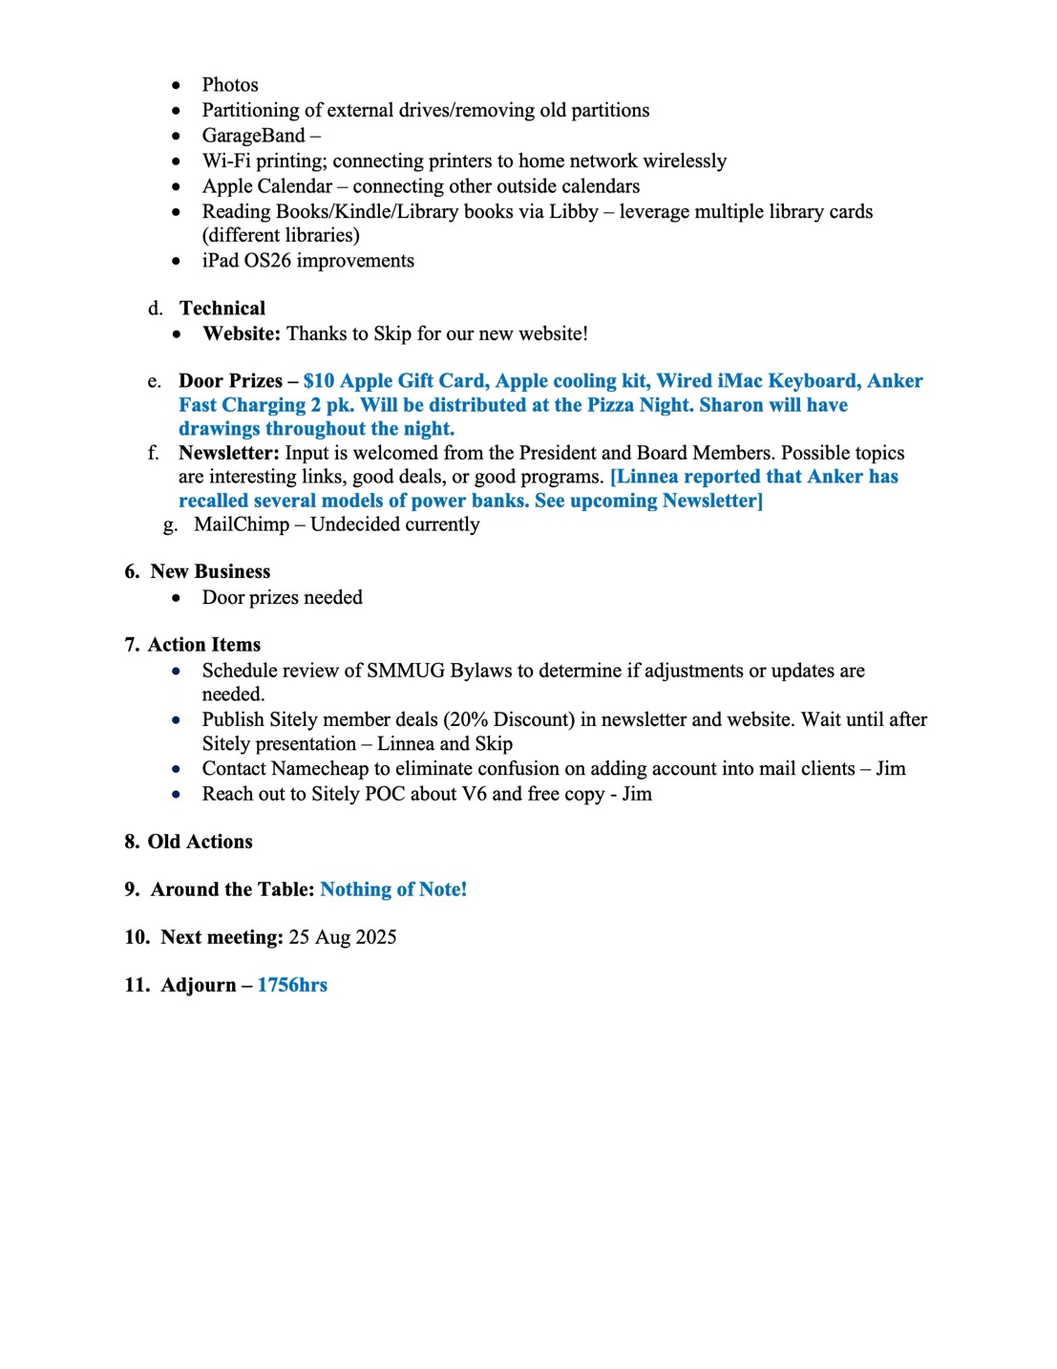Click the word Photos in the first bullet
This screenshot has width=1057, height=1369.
coord(230,85)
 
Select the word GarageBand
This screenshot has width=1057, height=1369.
coord(253,136)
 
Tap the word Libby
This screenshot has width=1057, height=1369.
coord(573,211)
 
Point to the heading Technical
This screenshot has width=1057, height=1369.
coord(222,309)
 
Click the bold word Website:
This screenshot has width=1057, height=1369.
coord(242,333)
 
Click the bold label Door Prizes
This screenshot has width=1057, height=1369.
coord(230,381)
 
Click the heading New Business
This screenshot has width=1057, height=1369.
coord(210,571)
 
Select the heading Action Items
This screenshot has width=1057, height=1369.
coord(203,645)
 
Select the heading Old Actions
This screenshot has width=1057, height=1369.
coord(200,842)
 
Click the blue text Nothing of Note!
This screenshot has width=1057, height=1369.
coord(393,889)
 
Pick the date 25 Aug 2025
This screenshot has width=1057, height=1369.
coord(343,937)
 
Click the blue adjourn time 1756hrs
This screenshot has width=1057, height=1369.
coord(292,985)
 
